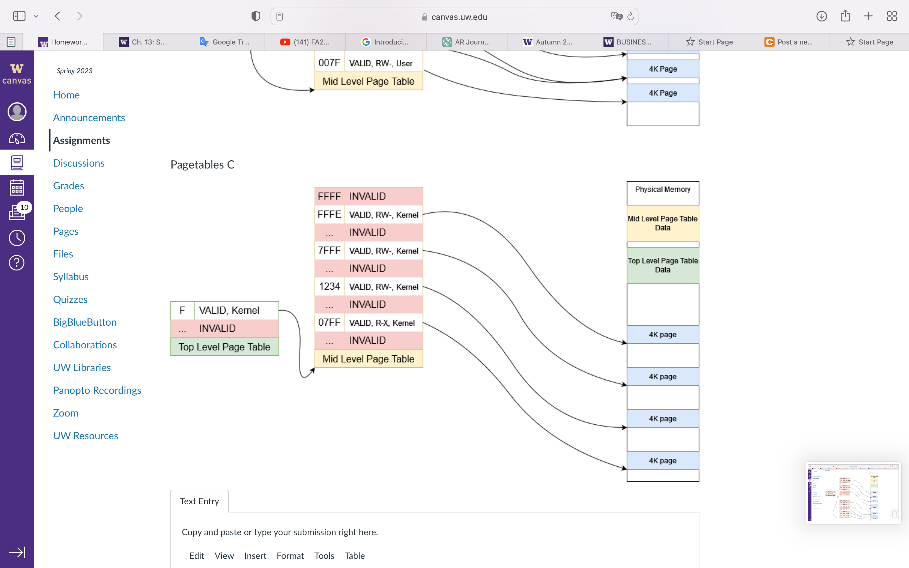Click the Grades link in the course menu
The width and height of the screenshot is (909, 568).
point(68,186)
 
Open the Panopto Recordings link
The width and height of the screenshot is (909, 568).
point(97,390)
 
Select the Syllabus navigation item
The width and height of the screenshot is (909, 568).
point(71,277)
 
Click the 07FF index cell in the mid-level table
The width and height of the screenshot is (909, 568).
point(330,323)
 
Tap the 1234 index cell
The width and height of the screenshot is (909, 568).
point(330,287)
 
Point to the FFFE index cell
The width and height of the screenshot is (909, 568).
point(330,215)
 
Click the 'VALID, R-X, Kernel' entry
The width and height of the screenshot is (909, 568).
point(382,323)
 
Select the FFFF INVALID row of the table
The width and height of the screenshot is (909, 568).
point(368,197)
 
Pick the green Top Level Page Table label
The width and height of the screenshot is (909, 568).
point(224,347)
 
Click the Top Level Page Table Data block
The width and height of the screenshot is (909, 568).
point(662,265)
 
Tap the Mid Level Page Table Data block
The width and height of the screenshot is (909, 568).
point(662,223)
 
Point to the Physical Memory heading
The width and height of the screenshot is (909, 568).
point(662,190)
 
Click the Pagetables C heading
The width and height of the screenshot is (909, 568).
point(202,164)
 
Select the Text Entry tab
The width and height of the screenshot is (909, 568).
point(199,501)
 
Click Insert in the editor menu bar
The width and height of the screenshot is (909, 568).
point(255,556)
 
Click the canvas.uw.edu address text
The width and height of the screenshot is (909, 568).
point(459,17)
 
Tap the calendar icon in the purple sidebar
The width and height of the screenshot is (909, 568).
point(17,188)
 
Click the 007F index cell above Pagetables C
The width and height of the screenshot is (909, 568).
point(330,63)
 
